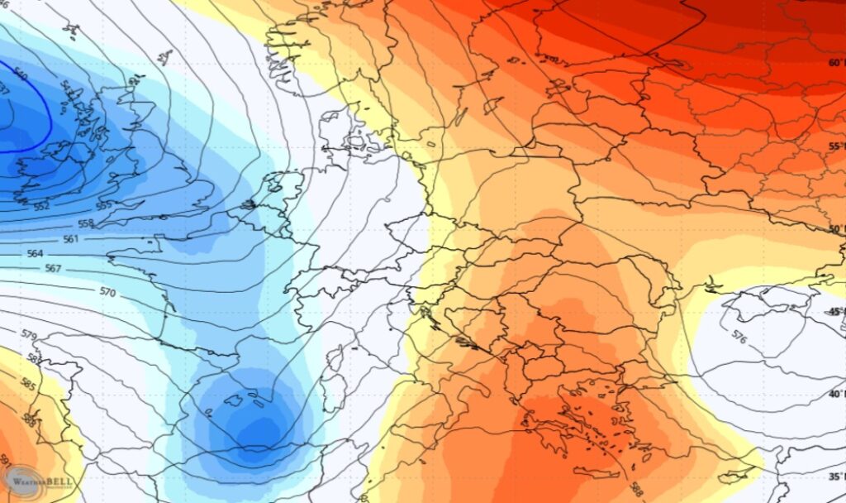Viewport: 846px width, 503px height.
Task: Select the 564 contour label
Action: click(x=35, y=254)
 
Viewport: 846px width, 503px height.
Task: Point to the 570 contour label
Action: click(x=107, y=292)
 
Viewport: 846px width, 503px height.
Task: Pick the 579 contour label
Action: click(x=29, y=336)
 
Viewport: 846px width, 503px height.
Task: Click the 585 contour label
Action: click(x=26, y=385)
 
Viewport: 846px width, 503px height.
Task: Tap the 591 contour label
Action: click(x=6, y=460)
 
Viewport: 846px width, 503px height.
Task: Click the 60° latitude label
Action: click(x=834, y=62)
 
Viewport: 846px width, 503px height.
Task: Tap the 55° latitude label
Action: click(x=834, y=146)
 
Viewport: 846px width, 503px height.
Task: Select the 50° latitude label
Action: click(x=834, y=229)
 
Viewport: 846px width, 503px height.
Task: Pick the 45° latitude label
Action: click(x=834, y=311)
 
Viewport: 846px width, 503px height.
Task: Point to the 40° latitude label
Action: click(x=834, y=394)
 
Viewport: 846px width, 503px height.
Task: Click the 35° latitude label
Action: click(x=834, y=476)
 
